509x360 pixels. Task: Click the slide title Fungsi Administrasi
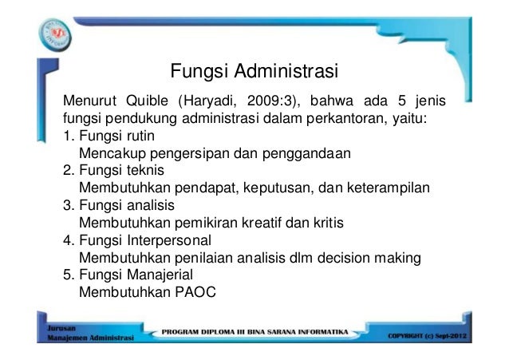(254, 73)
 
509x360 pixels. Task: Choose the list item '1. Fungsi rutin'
(109, 136)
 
